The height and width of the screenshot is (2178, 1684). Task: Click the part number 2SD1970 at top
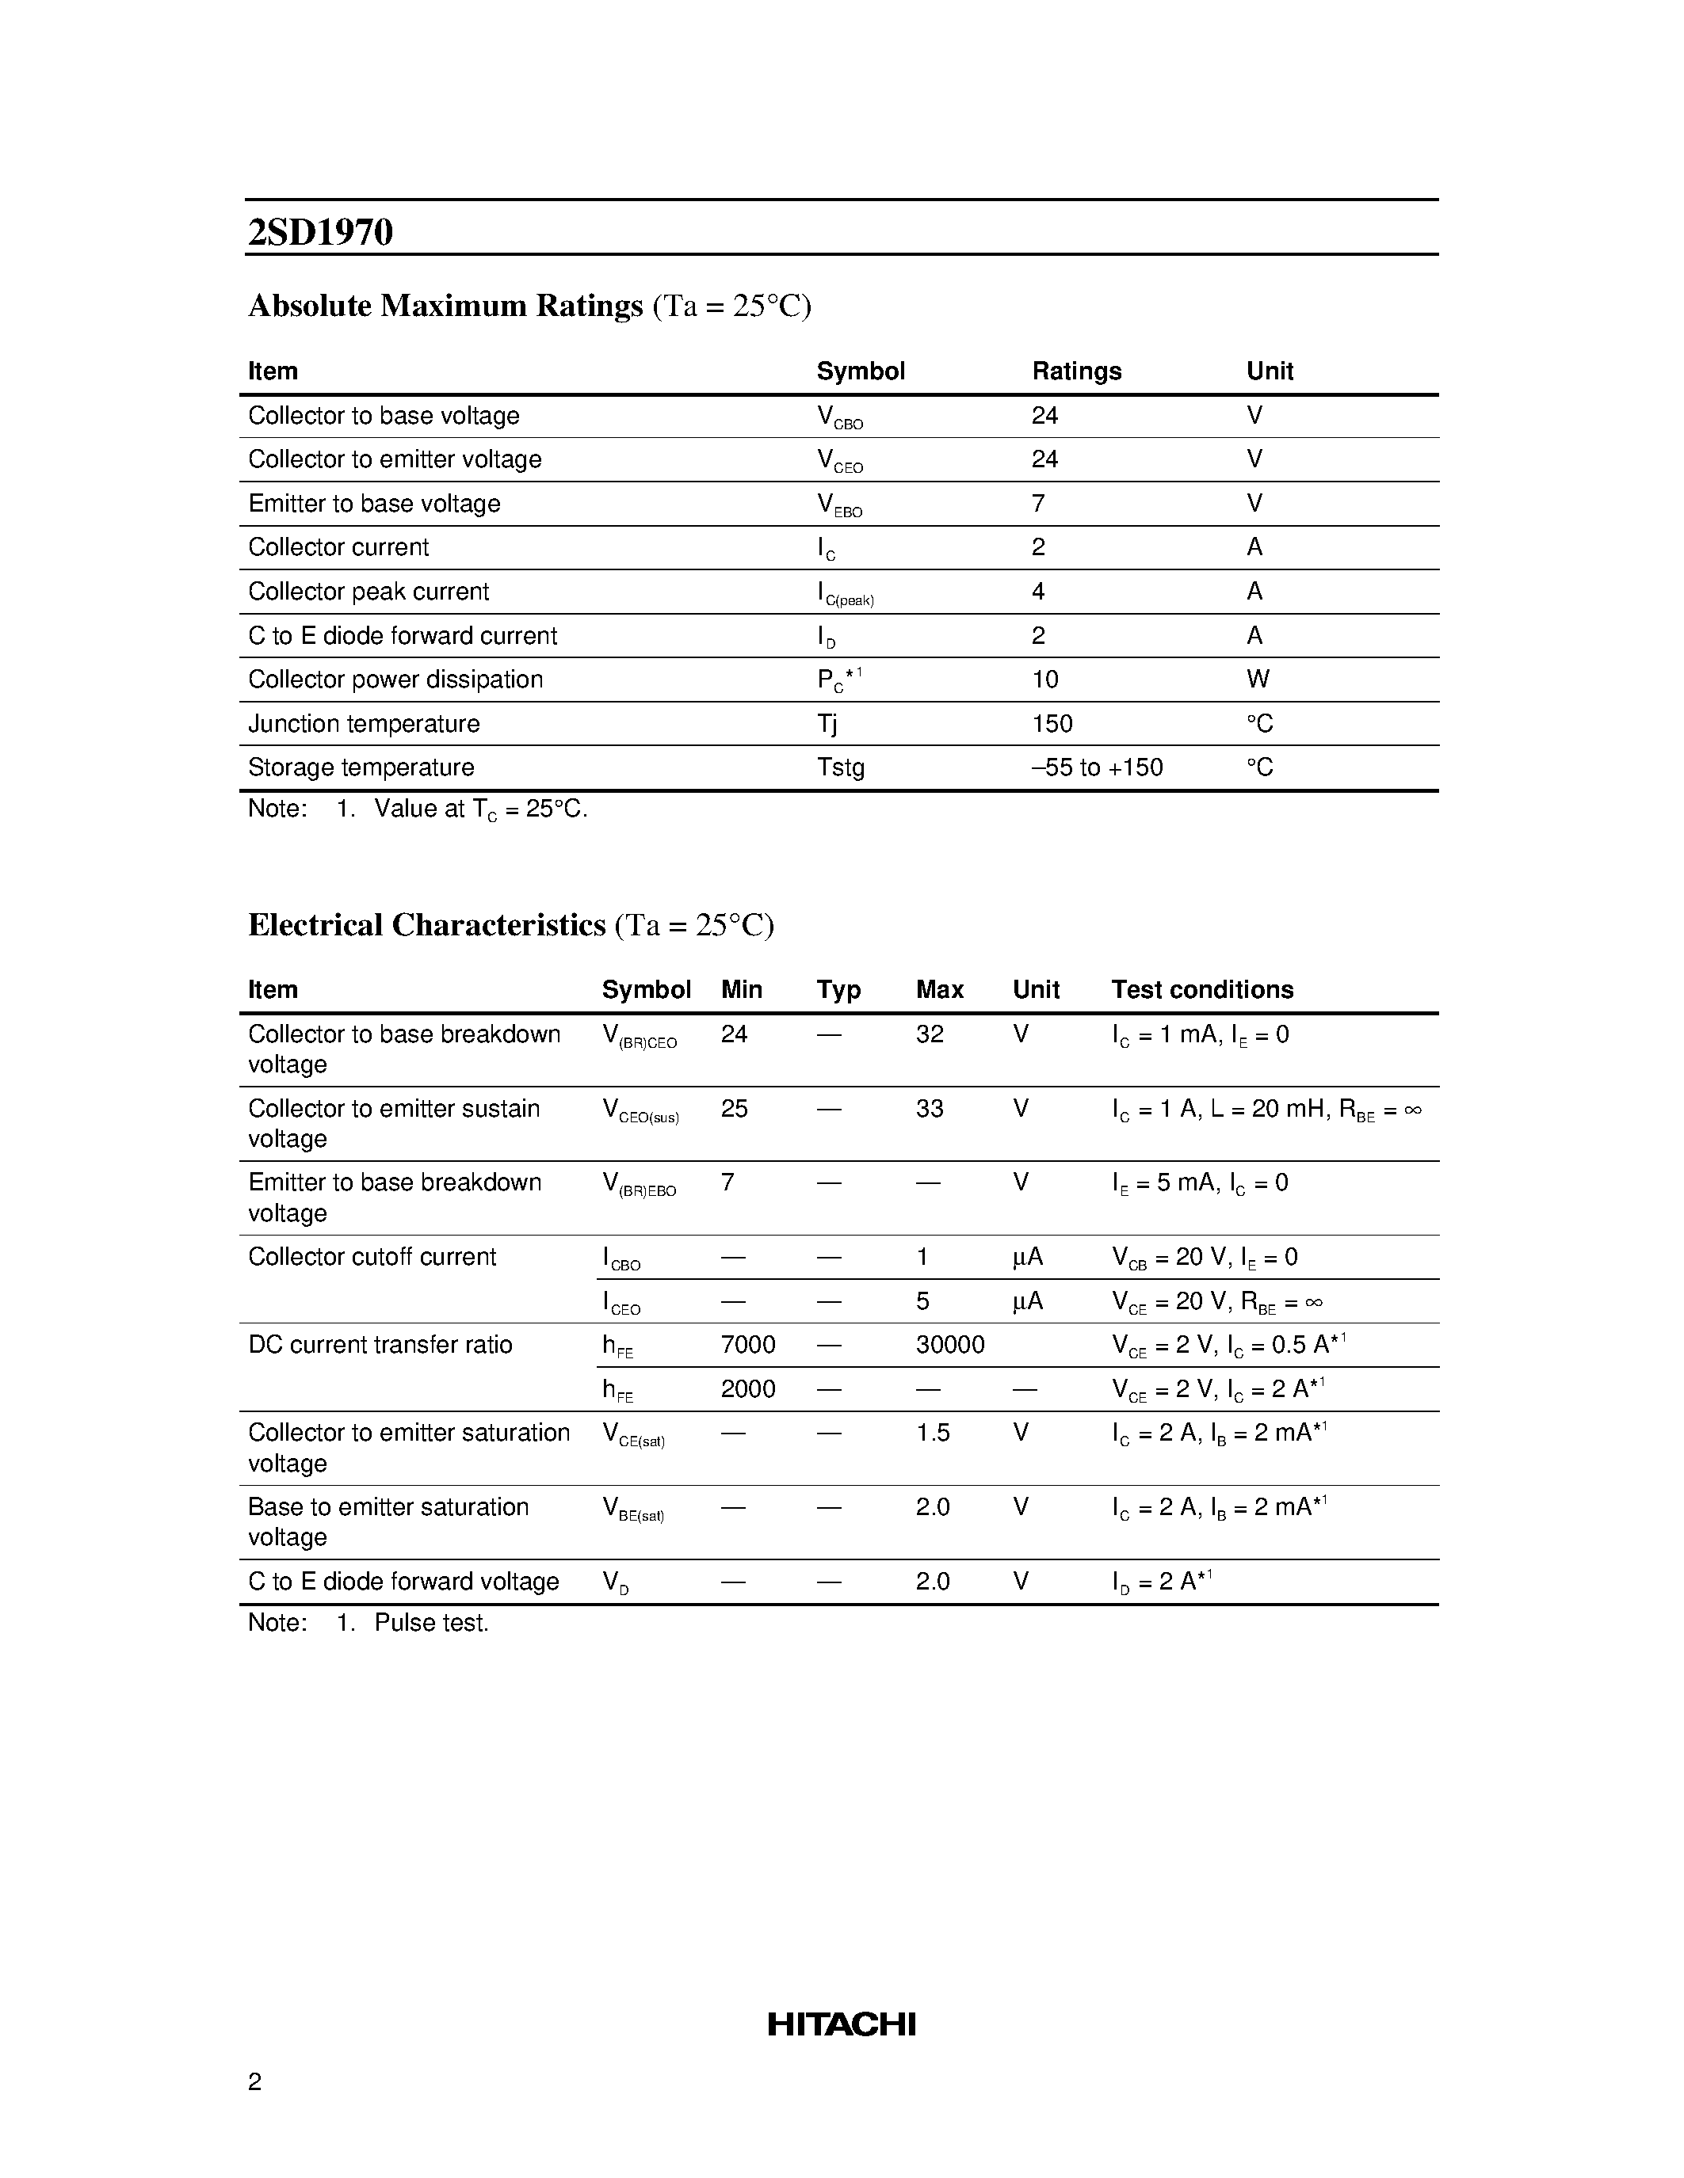pyautogui.click(x=320, y=232)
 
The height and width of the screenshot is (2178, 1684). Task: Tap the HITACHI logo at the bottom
pyautogui.click(x=841, y=2024)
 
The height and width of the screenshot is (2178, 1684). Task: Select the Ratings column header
pyautogui.click(x=1075, y=371)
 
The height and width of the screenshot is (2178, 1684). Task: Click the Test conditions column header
pyautogui.click(x=1201, y=989)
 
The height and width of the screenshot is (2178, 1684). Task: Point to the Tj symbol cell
pyautogui.click(x=827, y=723)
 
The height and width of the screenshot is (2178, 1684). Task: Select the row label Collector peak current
pyautogui.click(x=368, y=592)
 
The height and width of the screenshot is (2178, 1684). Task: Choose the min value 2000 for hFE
pyautogui.click(x=747, y=1388)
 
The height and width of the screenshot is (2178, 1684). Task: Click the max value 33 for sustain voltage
pyautogui.click(x=929, y=1108)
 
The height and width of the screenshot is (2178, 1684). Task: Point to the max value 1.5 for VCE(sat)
pyautogui.click(x=932, y=1432)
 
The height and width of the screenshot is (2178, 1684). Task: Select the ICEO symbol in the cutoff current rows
pyautogui.click(x=621, y=1302)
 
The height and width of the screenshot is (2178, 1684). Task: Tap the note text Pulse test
pyautogui.click(x=431, y=1623)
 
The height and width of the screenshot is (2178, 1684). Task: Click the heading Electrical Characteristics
pyautogui.click(x=426, y=924)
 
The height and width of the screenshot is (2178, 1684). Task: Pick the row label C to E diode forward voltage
pyautogui.click(x=403, y=1582)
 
